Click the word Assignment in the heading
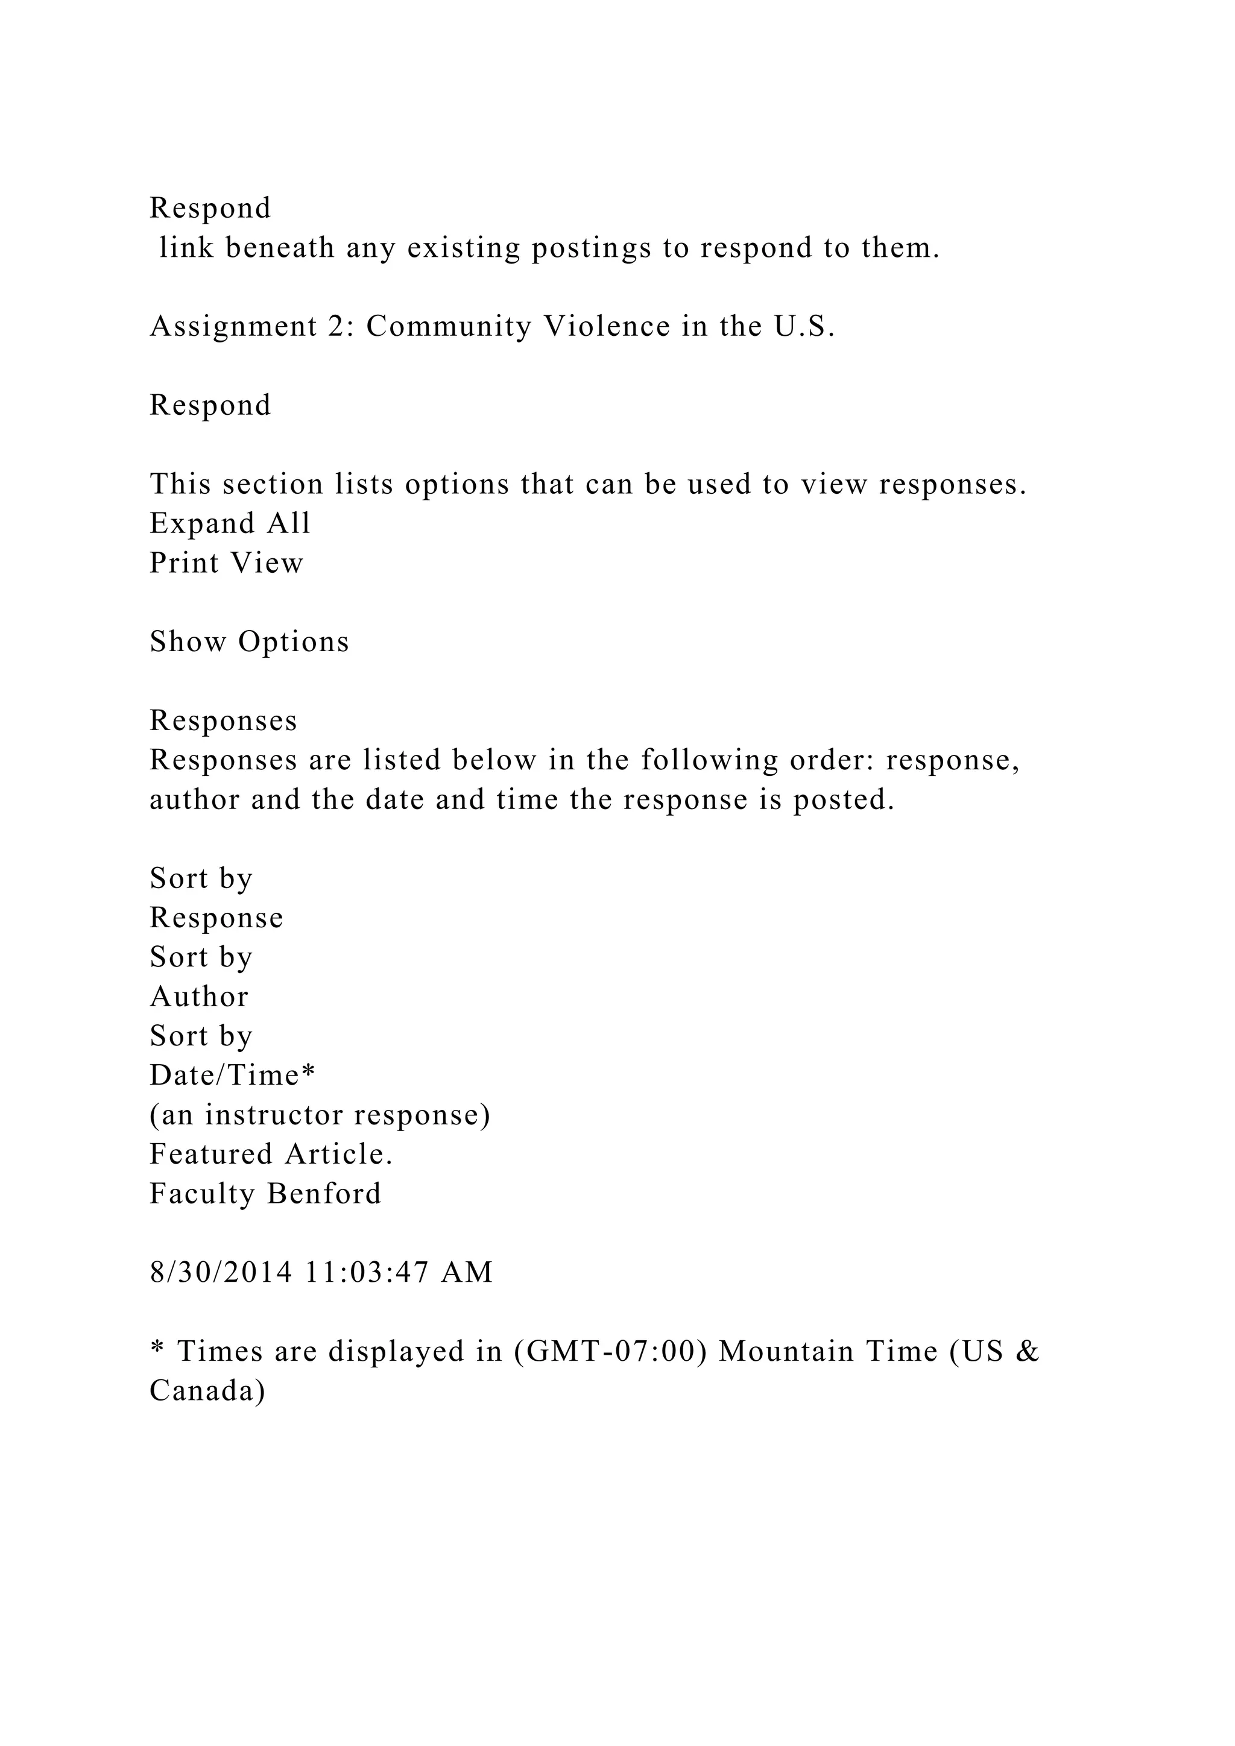233,327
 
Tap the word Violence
607,326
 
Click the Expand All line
230,523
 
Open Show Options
248,642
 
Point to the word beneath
280,248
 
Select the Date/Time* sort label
232,1076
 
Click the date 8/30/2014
221,1272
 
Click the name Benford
324,1193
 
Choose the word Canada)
207,1391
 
